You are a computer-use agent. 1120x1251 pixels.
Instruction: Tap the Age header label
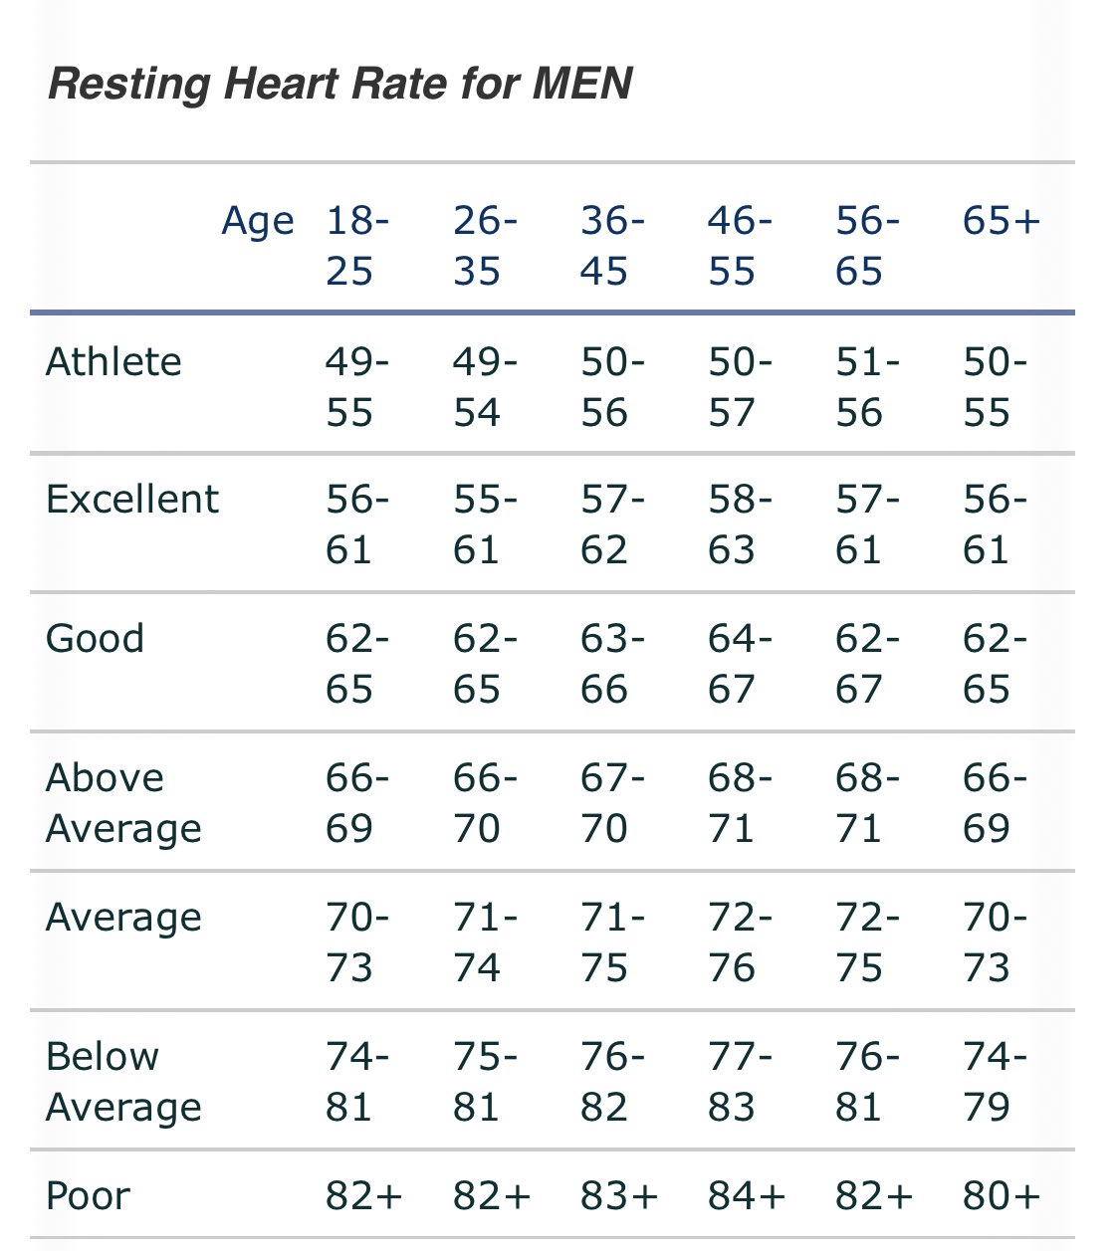coord(257,220)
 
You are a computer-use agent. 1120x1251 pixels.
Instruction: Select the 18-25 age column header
coord(355,245)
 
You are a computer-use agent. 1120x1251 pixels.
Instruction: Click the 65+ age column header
coord(1001,220)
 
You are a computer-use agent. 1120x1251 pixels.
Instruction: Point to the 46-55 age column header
coord(739,245)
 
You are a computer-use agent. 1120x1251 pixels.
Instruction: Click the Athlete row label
coord(113,361)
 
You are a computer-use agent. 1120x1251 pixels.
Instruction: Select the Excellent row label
coord(131,499)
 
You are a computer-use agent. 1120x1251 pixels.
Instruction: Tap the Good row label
coord(95,638)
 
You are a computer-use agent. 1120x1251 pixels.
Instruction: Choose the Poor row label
coord(88,1195)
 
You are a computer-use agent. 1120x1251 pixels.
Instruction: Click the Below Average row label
coord(123,1082)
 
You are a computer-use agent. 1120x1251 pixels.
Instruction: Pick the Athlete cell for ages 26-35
coord(484,387)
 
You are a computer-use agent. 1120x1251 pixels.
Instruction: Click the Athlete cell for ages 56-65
coord(866,387)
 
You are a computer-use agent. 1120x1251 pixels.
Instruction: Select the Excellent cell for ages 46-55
coord(739,524)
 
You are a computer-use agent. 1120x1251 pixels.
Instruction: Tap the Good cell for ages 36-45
coord(611,664)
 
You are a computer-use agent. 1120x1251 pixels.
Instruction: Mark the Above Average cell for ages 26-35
coord(484,803)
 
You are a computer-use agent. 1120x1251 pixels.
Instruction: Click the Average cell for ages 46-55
coord(739,942)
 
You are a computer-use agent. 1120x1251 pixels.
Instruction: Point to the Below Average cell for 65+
coord(994,1082)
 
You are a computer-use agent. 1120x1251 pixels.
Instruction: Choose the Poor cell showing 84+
coord(746,1195)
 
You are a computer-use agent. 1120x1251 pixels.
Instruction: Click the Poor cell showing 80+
coord(1001,1195)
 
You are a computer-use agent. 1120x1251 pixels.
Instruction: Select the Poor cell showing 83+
coord(618,1195)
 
